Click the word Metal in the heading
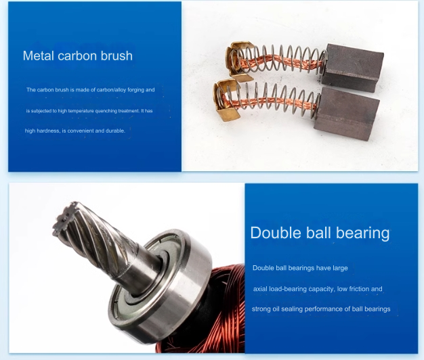tap(39, 55)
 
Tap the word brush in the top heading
tap(116, 55)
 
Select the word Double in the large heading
tap(276, 233)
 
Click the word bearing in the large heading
tap(363, 233)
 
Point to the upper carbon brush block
tap(352, 68)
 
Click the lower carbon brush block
tap(347, 114)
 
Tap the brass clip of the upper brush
tap(238, 61)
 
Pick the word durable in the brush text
tap(115, 131)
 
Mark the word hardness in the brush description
tap(48, 131)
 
